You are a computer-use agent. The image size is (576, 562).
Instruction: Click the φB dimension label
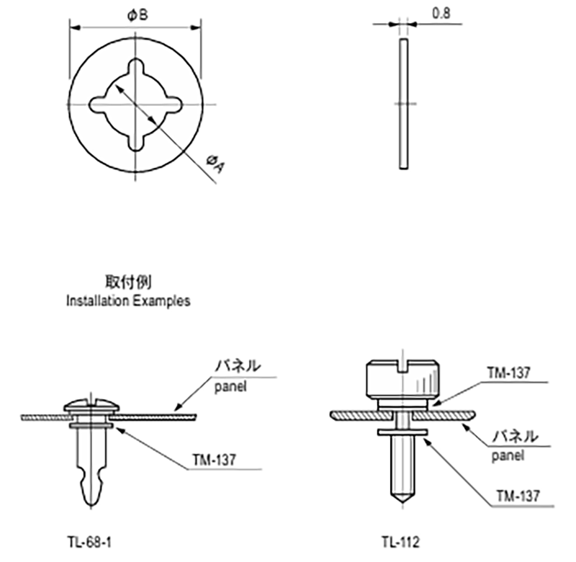(138, 15)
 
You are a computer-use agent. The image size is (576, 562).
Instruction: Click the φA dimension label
(215, 164)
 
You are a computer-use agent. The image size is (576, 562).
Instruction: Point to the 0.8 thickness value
(441, 14)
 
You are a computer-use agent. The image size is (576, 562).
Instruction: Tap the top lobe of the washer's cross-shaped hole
(135, 68)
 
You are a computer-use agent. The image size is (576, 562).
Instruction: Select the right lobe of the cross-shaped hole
(172, 104)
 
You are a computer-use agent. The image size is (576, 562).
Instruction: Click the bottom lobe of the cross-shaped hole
(135, 141)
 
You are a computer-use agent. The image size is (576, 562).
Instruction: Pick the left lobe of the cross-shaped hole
(99, 104)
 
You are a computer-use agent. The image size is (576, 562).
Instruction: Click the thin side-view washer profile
(403, 104)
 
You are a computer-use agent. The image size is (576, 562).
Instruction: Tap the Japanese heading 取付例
(128, 282)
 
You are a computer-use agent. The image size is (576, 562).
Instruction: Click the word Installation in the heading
(97, 300)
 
